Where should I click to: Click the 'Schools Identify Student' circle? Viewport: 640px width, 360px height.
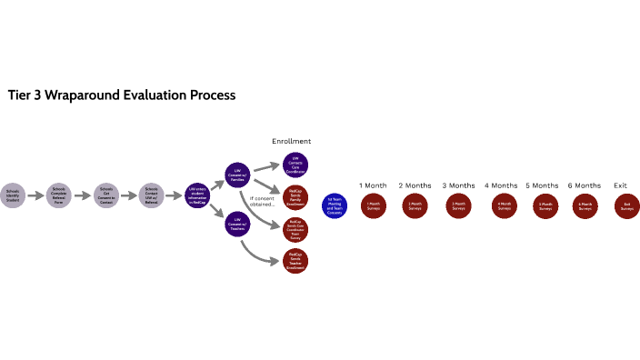12,194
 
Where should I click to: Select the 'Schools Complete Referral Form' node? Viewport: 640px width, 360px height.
58,194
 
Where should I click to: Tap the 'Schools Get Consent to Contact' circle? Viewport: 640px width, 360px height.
106,194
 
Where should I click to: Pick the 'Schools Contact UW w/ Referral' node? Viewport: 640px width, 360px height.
152,194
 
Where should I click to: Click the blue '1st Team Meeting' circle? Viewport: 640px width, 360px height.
334,206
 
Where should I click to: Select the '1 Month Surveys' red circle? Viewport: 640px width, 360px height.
373,205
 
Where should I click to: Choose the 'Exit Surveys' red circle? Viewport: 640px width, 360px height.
627,205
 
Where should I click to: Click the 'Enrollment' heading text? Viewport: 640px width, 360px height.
292,142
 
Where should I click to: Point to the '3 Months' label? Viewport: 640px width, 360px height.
458,185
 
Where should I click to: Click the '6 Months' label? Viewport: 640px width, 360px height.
585,185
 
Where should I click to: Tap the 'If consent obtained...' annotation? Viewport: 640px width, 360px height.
263,200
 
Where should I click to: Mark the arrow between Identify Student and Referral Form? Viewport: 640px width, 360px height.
35,195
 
